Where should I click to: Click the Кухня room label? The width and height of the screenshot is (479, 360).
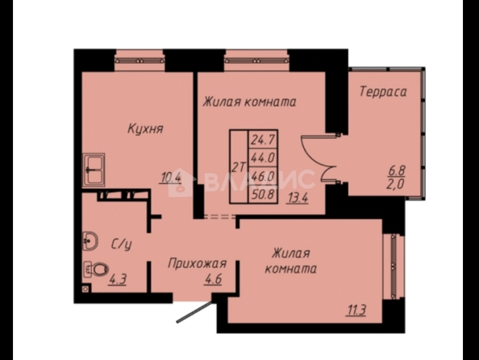145,129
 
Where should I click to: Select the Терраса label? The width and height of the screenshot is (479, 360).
383,91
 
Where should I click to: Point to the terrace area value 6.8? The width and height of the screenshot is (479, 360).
397,170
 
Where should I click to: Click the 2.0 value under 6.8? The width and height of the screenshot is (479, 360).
396,184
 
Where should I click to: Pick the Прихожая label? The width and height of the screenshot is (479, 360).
197,264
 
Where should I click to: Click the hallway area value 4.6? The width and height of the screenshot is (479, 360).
213,279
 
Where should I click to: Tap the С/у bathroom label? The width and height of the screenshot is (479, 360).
121,245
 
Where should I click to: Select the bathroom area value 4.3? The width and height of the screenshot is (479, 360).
117,279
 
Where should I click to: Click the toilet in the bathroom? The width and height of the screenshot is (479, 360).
96,270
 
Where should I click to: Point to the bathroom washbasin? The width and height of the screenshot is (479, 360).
90,241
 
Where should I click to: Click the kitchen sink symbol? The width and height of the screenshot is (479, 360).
94,170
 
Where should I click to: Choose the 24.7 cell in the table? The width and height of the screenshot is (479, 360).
263,140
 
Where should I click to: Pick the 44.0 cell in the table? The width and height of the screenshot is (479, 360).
263,158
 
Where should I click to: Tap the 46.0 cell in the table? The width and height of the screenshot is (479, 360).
263,176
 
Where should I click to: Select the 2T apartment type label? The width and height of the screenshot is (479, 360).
239,167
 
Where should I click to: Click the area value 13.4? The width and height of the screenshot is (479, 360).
298,198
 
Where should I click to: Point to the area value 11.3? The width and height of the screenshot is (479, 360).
356,311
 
